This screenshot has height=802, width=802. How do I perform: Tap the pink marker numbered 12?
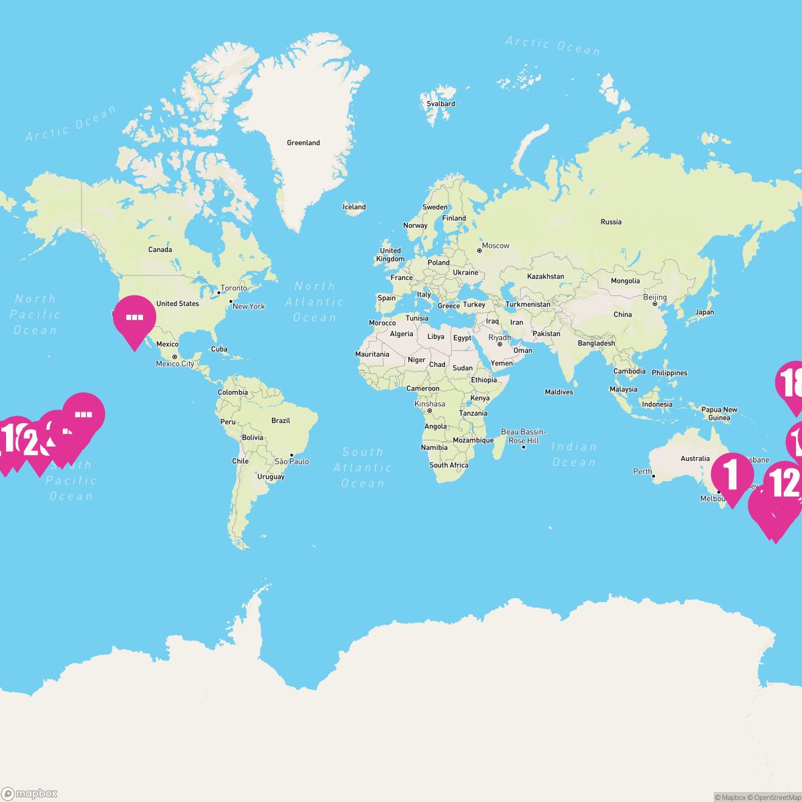click(x=785, y=483)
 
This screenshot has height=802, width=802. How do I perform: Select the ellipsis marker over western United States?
click(x=134, y=318)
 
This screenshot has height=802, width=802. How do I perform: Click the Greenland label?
click(x=303, y=142)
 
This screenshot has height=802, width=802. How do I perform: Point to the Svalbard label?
click(x=441, y=104)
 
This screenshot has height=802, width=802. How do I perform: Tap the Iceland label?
click(x=354, y=207)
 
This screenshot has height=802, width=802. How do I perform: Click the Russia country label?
click(x=611, y=222)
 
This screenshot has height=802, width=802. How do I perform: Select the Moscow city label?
click(x=496, y=246)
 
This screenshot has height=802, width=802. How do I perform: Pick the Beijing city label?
click(x=655, y=297)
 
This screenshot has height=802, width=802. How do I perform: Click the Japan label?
click(x=704, y=312)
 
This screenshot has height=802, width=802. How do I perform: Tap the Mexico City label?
click(x=175, y=364)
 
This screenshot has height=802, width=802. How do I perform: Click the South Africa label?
click(x=448, y=465)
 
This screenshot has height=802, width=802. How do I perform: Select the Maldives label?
click(x=559, y=392)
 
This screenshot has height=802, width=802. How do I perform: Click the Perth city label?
click(x=642, y=471)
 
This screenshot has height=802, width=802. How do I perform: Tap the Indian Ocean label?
click(x=573, y=454)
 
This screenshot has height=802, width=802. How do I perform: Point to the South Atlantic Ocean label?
click(x=362, y=467)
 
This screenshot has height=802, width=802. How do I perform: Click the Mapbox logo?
click(x=29, y=793)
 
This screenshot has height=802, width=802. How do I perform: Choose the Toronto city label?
click(x=234, y=288)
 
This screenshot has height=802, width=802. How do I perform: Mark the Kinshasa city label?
click(x=430, y=404)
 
